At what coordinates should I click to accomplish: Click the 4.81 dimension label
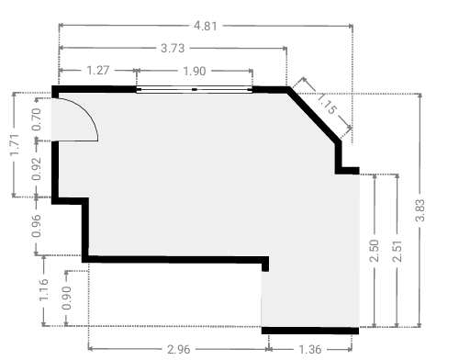click(206, 26)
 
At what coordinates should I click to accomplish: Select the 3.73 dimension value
click(173, 49)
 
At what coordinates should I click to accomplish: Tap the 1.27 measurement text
click(98, 71)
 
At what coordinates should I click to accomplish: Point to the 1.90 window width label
click(195, 72)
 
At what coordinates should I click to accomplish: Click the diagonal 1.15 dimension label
click(328, 104)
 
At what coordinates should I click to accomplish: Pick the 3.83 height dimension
click(420, 210)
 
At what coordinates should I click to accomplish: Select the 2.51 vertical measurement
click(397, 251)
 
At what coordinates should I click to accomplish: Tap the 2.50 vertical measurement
click(374, 251)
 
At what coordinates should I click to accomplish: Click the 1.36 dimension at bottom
click(309, 349)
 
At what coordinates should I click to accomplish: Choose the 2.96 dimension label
click(179, 349)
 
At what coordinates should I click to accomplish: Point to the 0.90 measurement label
click(66, 298)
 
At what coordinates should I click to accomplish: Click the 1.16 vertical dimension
click(43, 289)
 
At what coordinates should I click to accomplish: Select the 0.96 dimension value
click(36, 226)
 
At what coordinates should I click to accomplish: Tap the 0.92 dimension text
click(36, 169)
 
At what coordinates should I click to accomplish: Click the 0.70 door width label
click(36, 119)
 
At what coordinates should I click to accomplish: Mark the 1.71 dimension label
click(15, 144)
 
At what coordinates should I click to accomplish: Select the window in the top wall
click(195, 90)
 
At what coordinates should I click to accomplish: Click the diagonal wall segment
click(315, 115)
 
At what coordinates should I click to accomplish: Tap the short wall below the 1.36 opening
click(310, 331)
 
